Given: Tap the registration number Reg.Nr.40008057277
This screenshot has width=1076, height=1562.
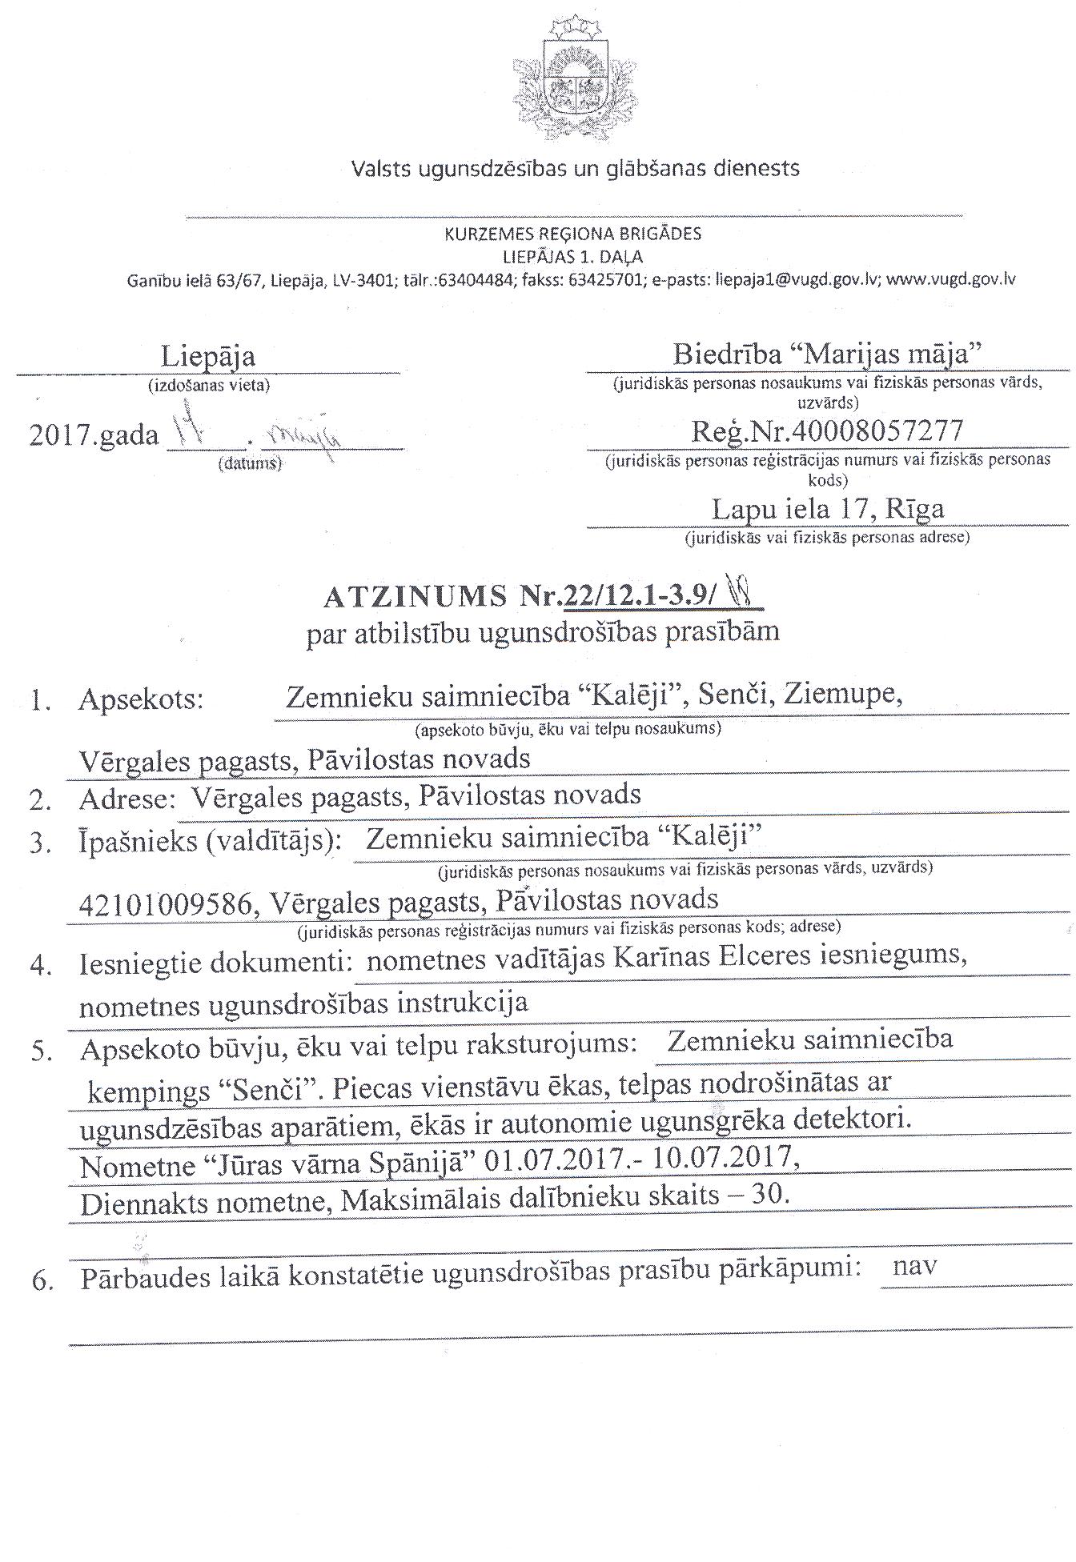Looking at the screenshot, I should click(x=827, y=431).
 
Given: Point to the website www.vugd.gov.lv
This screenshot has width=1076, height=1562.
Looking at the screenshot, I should click(x=951, y=280).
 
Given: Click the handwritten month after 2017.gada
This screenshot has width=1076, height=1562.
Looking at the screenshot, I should click(x=307, y=436).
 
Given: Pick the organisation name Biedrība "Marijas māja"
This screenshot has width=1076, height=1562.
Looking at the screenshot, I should click(x=827, y=353).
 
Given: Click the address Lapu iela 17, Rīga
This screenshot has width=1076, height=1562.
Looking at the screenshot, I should click(x=828, y=508).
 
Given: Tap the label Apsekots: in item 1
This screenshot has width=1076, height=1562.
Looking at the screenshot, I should click(x=142, y=700).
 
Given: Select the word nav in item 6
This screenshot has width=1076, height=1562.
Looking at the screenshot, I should click(x=914, y=1267).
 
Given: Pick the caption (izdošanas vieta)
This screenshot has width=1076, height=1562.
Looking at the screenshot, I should click(x=209, y=385).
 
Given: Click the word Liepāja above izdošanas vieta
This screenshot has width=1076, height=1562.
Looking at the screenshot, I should click(x=208, y=356).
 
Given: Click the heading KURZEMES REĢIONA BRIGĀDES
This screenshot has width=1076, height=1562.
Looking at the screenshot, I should click(x=573, y=234).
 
